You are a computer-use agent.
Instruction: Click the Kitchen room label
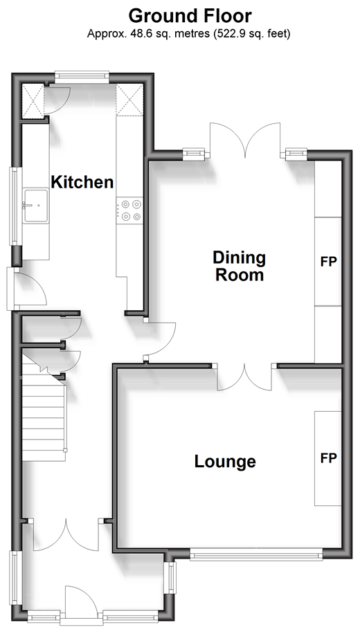coord(82,182)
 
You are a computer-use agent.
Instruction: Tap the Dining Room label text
coord(240,266)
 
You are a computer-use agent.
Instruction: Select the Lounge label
coord(225,461)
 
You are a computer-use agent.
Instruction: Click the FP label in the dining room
coord(329,262)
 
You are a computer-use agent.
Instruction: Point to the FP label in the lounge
coord(329,458)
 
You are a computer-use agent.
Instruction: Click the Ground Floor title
coord(190,16)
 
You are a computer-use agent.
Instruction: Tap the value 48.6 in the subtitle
coord(138,34)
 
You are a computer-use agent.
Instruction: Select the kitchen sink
coord(36,206)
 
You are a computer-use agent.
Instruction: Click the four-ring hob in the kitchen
coord(129,210)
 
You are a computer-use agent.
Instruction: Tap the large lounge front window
coord(256,554)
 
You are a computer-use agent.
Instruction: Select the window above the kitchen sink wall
coord(15,206)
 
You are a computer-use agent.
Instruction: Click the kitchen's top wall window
coord(82,77)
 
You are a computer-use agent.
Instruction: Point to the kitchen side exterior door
coord(26,289)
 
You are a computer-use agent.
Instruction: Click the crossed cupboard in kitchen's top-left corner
coord(33,101)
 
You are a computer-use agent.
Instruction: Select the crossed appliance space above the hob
coord(129,100)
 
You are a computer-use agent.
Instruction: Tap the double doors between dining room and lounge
coord(244,377)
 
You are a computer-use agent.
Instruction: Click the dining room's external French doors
coord(245,140)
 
